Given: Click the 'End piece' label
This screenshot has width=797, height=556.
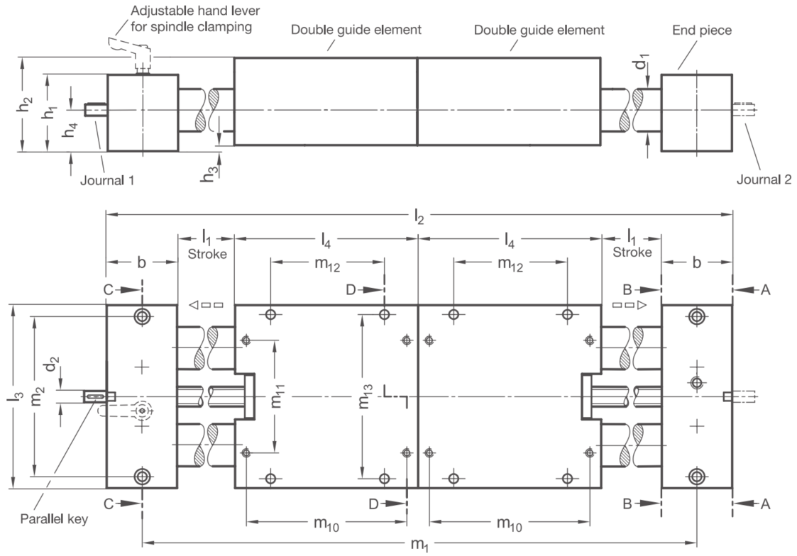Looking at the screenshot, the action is point(701,30).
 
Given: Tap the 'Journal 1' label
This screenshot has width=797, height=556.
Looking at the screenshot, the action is point(107,180).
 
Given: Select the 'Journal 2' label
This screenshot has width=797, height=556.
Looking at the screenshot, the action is point(764,179).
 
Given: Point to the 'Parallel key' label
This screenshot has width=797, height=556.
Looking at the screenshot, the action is point(54,519).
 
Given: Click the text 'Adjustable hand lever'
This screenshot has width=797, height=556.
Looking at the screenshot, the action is point(195,11).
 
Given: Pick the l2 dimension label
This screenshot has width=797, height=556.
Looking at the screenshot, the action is point(419,217).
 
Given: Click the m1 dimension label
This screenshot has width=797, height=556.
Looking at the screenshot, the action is point(419,545).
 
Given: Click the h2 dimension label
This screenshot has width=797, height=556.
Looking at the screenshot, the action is point(26,104).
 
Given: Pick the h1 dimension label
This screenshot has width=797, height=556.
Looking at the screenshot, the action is point(50,112).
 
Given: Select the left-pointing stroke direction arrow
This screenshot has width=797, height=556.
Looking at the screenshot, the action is point(206,305).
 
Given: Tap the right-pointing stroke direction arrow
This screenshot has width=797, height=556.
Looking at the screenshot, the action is point(630,305).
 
